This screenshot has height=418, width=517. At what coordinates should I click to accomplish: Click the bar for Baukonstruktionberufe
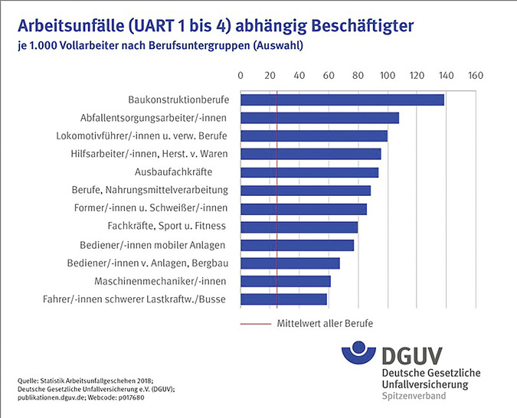[342, 100]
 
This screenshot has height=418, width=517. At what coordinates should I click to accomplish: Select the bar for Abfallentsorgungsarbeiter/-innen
[320, 118]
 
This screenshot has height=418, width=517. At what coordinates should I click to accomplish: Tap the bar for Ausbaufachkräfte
[309, 172]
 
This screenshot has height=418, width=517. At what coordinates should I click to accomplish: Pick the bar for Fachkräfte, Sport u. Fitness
[299, 227]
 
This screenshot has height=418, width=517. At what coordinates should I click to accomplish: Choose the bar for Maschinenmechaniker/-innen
[286, 281]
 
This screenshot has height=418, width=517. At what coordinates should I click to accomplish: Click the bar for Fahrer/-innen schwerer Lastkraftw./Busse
[284, 299]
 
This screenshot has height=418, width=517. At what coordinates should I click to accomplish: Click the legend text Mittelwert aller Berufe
[325, 324]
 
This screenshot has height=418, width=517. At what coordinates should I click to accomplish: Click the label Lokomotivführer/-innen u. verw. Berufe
[142, 136]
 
